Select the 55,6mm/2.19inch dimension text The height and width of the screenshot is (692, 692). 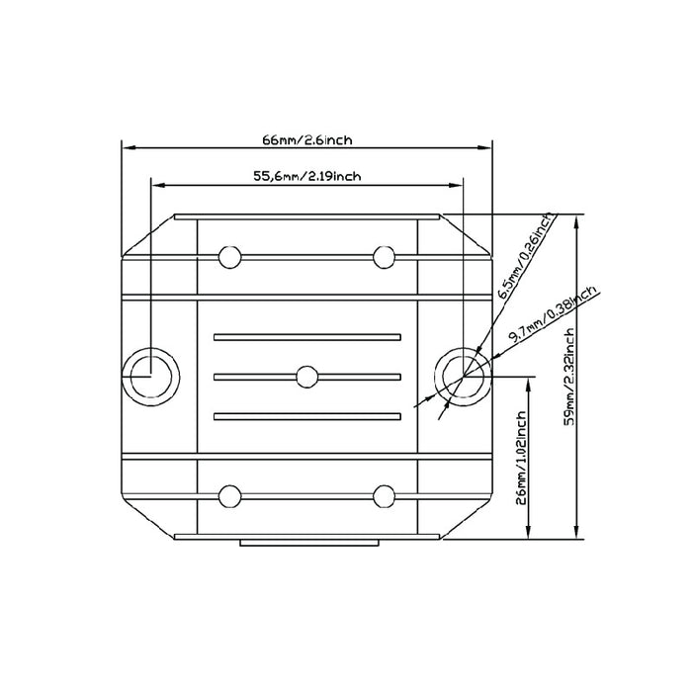(306, 176)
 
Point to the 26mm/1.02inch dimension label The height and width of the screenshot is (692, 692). (521, 459)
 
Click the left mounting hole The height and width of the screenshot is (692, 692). (150, 376)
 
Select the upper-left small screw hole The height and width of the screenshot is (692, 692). (229, 257)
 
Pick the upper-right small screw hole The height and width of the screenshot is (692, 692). (384, 257)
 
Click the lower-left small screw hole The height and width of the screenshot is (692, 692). (229, 494)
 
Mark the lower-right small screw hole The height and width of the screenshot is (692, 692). (384, 494)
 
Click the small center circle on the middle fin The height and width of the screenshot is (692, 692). (306, 376)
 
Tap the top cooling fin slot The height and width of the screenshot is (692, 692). (306, 336)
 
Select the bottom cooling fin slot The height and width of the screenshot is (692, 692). (306, 415)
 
